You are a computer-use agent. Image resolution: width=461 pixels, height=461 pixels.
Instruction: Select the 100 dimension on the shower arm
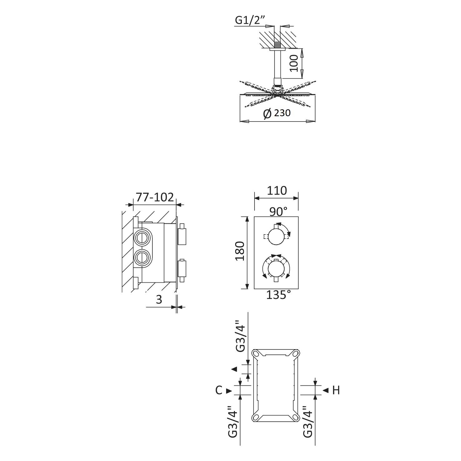(x=294, y=63)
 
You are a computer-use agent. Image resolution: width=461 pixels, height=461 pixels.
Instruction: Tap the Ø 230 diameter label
(x=277, y=113)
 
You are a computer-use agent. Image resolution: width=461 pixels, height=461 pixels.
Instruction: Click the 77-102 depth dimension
(x=155, y=197)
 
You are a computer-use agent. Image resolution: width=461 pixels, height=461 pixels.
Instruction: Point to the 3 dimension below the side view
(x=159, y=300)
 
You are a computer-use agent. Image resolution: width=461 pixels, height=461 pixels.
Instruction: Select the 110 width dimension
(x=277, y=191)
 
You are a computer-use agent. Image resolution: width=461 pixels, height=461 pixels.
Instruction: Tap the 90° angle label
(x=278, y=211)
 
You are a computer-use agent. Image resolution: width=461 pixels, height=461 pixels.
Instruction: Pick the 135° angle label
(x=278, y=295)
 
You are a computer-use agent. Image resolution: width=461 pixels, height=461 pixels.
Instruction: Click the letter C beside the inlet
(x=219, y=390)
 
